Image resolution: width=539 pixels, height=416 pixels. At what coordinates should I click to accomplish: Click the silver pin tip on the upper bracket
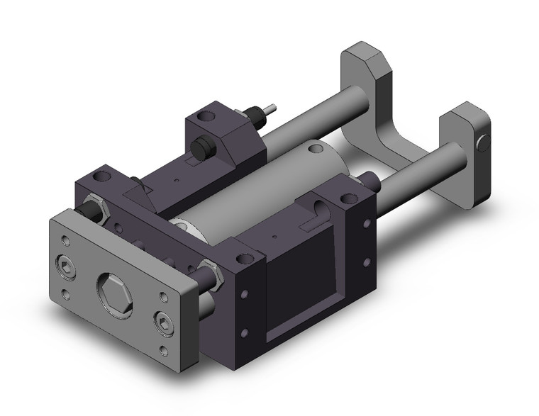click(271, 109)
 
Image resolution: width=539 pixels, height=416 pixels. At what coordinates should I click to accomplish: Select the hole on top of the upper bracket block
click(207, 114)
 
